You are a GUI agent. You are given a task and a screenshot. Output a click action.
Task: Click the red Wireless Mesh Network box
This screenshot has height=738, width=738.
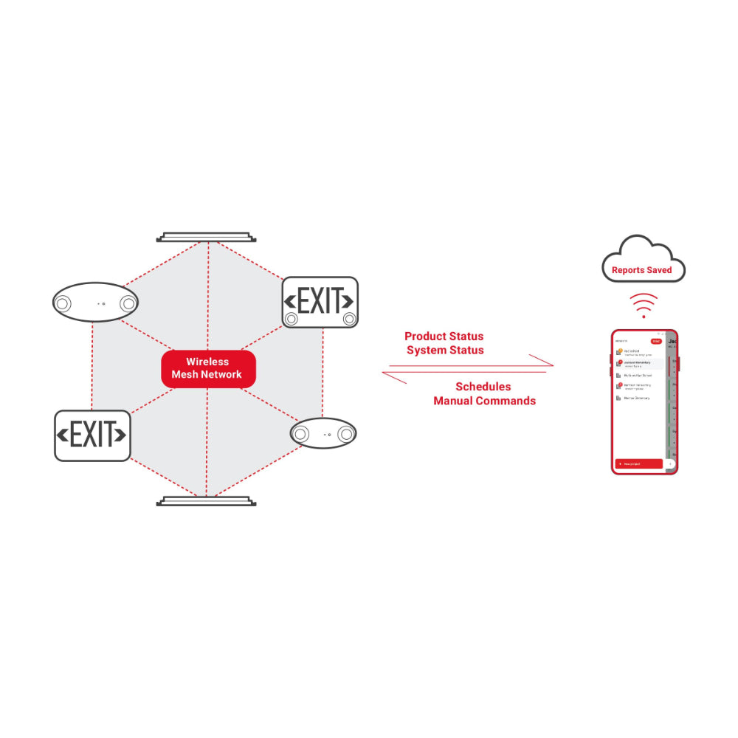pos(207,368)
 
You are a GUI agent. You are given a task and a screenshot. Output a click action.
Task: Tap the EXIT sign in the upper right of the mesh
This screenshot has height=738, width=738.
pos(320,302)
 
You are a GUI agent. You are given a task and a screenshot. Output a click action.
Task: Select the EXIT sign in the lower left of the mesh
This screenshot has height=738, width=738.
pos(92,435)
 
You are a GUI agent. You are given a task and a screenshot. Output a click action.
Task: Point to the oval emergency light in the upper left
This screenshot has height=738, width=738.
pos(95,303)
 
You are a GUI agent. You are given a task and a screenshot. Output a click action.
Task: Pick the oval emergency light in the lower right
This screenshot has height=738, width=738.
pos(323,433)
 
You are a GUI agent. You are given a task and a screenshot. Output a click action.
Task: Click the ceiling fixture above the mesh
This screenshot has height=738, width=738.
pos(207,238)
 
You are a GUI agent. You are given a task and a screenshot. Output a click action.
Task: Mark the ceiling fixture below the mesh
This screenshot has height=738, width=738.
pos(207,501)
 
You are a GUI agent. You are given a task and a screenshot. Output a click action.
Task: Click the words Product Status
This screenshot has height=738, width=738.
pos(444,337)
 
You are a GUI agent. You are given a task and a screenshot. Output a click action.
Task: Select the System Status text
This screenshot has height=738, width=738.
pos(445,351)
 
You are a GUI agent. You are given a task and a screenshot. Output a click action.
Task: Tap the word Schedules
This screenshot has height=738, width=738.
pos(483,387)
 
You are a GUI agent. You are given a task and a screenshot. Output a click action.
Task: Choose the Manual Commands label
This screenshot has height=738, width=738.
pos(484,401)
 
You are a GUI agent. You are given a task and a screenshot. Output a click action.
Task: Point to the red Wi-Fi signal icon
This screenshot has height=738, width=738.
pos(644,305)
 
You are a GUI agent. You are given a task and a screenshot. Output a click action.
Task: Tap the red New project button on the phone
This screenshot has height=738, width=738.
pos(638,464)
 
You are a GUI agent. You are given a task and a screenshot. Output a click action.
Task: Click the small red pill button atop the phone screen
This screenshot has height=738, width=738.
pos(655,342)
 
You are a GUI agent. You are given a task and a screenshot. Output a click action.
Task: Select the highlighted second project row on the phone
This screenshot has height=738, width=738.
pos(638,363)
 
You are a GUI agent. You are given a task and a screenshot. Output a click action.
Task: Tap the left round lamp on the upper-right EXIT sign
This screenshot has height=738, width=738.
pos(292,319)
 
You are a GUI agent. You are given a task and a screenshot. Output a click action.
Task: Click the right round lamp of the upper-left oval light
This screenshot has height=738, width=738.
pos(128,303)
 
